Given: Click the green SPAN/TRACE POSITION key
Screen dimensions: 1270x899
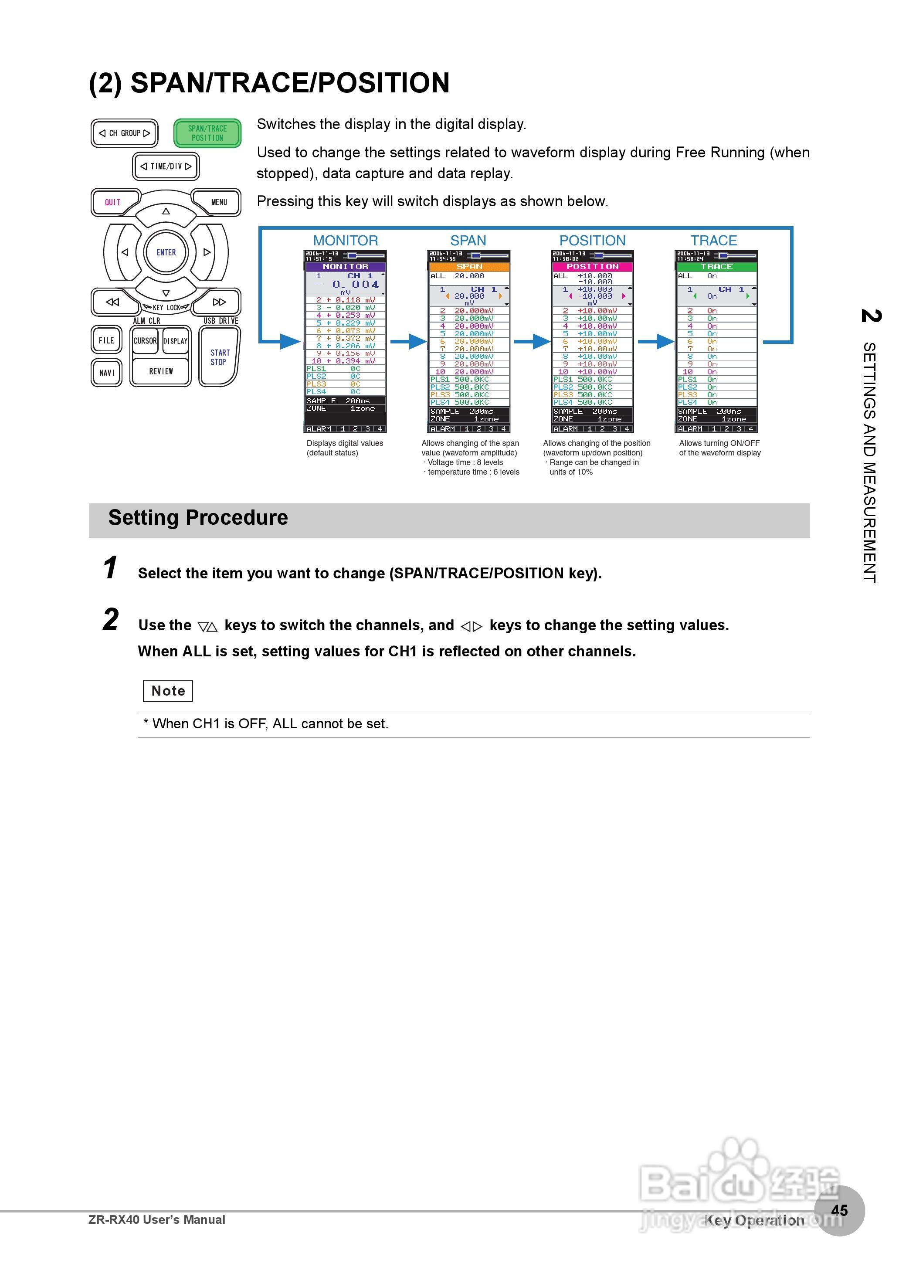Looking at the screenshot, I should point(207,133).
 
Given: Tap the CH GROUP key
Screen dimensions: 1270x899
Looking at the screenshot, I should point(125,133).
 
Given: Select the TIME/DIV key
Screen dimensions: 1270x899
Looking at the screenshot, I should point(166,166).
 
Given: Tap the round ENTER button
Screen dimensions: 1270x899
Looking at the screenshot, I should point(166,252).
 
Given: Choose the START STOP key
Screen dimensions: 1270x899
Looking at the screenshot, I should point(219,357).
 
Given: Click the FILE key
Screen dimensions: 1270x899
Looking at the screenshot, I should point(106,340).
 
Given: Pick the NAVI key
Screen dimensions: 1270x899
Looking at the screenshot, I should point(106,373).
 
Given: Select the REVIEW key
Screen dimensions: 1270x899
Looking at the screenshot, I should point(160,371).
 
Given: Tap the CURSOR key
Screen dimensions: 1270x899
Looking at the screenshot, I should point(145,341).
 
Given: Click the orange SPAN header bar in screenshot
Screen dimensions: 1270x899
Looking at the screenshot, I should point(469,267).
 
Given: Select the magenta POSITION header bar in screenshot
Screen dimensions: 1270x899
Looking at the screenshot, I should point(592,267).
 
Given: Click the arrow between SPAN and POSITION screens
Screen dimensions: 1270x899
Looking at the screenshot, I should point(532,342).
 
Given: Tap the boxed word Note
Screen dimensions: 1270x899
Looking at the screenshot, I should point(168,691).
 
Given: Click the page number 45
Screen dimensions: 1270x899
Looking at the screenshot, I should point(839,1210).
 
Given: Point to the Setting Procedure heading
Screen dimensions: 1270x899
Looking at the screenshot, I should point(198,518).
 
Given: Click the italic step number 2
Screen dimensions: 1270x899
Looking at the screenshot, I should point(111,619).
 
